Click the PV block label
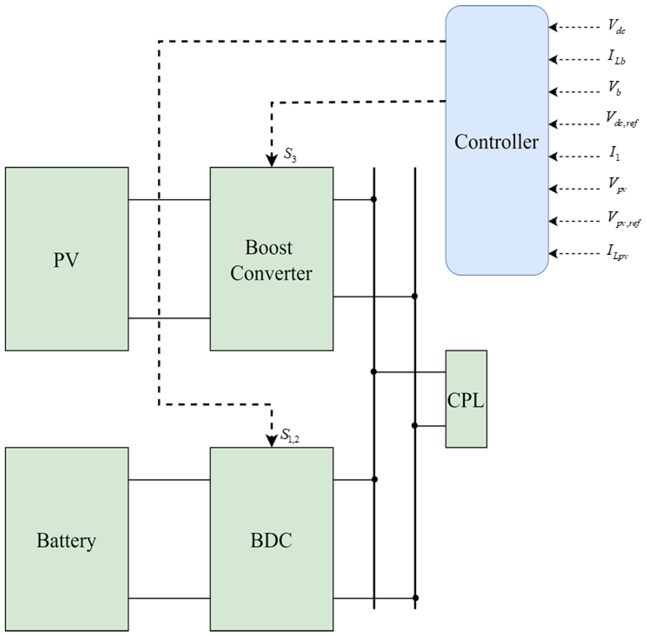tap(66, 259)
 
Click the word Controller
tap(496, 142)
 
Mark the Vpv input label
tap(616, 185)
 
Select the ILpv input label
tap(617, 252)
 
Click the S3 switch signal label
tap(290, 154)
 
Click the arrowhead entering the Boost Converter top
tap(272, 161)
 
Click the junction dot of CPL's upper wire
tap(374, 372)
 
